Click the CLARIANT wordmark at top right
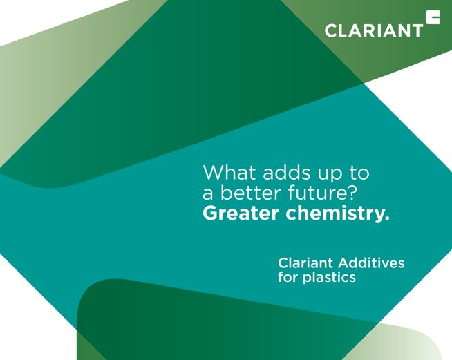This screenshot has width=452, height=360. (x=374, y=30)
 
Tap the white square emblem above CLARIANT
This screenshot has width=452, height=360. (x=433, y=17)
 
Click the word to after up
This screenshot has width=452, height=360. (x=359, y=173)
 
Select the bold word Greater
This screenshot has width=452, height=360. (x=241, y=214)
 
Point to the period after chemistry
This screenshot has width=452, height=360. (x=386, y=218)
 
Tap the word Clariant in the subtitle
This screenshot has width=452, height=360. (x=305, y=263)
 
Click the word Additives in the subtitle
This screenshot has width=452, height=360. (x=371, y=263)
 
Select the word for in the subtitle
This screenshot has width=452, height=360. (x=288, y=277)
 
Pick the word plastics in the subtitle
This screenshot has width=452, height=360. (x=329, y=278)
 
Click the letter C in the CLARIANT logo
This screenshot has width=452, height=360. (x=331, y=31)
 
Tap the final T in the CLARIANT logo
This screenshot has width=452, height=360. (x=417, y=31)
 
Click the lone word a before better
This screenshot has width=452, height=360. (x=207, y=195)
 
